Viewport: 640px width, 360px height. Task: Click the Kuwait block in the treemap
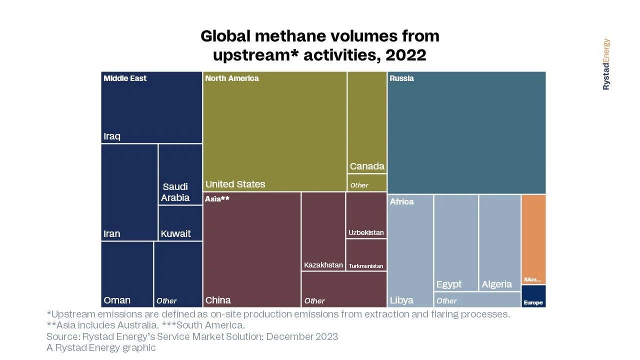(180, 223)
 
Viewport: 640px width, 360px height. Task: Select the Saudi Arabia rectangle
(180, 174)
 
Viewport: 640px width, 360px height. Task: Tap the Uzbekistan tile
(366, 215)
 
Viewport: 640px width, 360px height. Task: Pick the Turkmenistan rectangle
(366, 254)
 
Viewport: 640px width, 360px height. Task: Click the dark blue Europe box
(533, 296)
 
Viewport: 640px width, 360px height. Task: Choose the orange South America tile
(533, 239)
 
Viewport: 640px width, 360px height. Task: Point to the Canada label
(367, 166)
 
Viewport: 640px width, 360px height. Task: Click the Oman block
(127, 274)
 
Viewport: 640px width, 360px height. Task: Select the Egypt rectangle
(455, 242)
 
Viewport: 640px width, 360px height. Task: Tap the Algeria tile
(499, 242)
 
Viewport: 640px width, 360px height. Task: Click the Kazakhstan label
(323, 265)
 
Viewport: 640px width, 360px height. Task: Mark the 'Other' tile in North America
(367, 183)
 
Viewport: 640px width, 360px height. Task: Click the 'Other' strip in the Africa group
(477, 300)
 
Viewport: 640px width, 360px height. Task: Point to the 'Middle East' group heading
(125, 78)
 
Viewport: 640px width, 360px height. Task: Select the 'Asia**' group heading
(217, 199)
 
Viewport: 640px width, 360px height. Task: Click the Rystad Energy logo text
(606, 64)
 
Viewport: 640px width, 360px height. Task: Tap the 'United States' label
(235, 184)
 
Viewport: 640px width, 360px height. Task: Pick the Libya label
(401, 300)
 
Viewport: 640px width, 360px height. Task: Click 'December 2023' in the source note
(302, 336)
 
